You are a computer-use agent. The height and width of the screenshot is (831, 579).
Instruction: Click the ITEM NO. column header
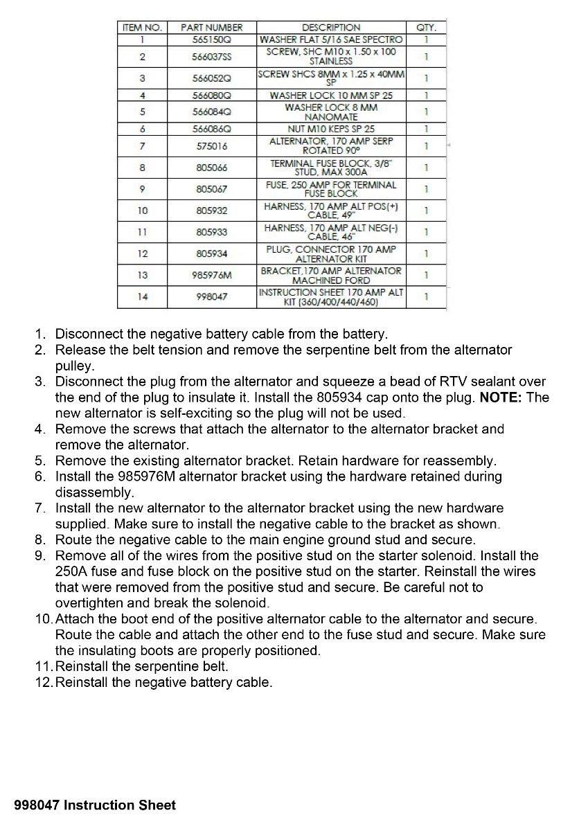[x=142, y=28]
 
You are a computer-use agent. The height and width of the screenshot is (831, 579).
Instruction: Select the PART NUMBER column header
[x=211, y=28]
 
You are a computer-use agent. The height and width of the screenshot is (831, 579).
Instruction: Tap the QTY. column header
[x=426, y=28]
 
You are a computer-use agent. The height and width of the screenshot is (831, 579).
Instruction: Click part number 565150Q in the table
[x=211, y=39]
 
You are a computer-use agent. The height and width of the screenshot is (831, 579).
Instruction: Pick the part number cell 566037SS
[x=211, y=57]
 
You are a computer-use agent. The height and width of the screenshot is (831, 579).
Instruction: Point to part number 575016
[x=211, y=146]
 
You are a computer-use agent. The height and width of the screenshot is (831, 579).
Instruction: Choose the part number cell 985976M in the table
[x=211, y=275]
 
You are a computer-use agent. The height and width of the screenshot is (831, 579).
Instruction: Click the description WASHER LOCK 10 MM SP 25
[x=331, y=95]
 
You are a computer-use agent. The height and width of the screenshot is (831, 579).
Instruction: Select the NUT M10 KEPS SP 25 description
[x=331, y=129]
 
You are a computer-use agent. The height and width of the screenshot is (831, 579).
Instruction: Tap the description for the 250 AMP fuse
[x=331, y=189]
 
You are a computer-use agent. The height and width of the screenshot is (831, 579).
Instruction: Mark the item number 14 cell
[x=142, y=296]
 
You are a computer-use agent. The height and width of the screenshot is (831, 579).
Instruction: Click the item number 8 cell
[x=142, y=168]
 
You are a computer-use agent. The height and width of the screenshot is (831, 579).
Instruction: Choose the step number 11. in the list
[x=44, y=667]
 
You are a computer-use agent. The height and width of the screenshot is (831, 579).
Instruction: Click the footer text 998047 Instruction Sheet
[x=95, y=805]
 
